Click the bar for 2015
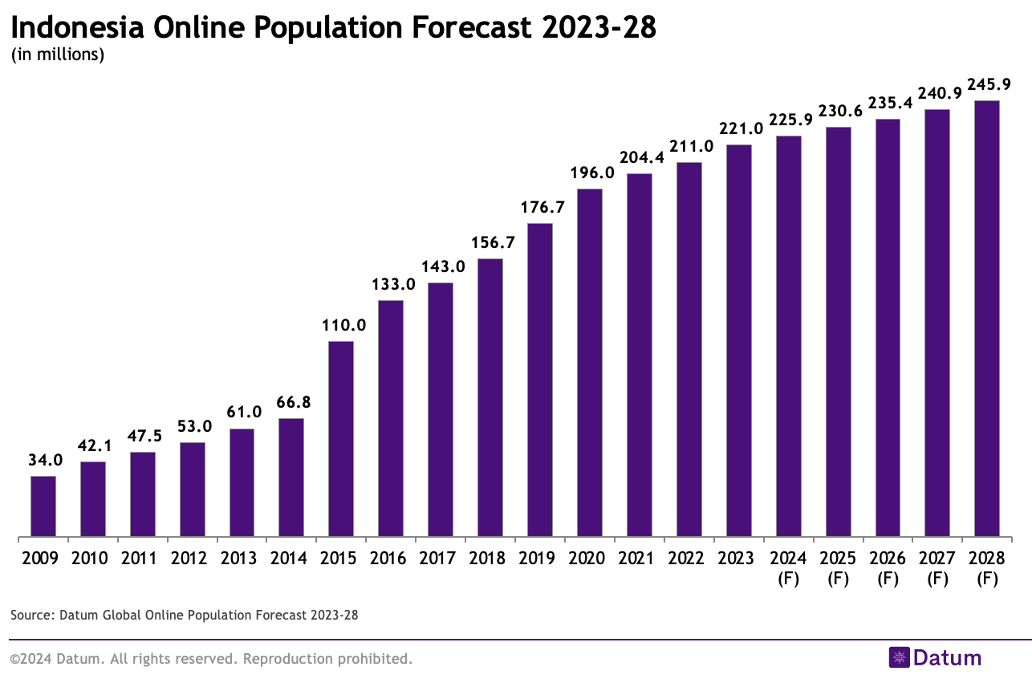(x=341, y=439)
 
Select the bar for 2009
(x=43, y=506)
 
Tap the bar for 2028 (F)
(x=986, y=319)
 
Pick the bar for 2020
(x=589, y=363)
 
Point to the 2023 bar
(x=738, y=340)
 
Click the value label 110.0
(x=341, y=325)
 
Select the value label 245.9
(x=988, y=84)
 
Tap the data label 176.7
(x=540, y=207)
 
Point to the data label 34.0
(x=43, y=460)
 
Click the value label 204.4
(x=640, y=157)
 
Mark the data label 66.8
(x=291, y=402)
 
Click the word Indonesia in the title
(x=78, y=28)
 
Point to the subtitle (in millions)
(x=58, y=55)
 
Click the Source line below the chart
(x=184, y=616)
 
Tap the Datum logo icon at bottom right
(x=899, y=658)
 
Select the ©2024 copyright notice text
(x=211, y=659)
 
